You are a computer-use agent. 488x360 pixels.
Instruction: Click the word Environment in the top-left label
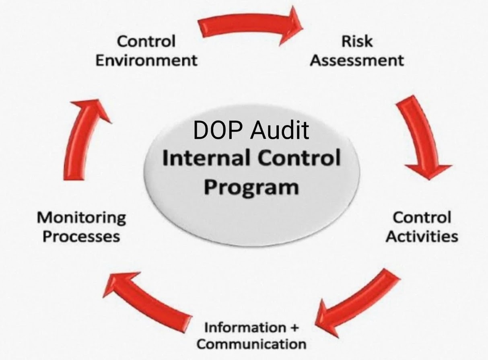pyautogui.click(x=146, y=60)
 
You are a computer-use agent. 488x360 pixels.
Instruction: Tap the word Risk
pyautogui.click(x=357, y=41)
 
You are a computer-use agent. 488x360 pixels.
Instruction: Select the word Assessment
pyautogui.click(x=357, y=60)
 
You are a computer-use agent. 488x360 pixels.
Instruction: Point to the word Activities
pyautogui.click(x=422, y=237)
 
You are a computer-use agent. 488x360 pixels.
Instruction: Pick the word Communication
pyautogui.click(x=251, y=345)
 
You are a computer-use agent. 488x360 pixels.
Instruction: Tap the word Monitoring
pyautogui.click(x=81, y=218)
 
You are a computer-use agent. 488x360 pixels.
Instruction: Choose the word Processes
pyautogui.click(x=81, y=237)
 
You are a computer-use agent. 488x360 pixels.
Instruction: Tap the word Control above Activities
pyautogui.click(x=422, y=218)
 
